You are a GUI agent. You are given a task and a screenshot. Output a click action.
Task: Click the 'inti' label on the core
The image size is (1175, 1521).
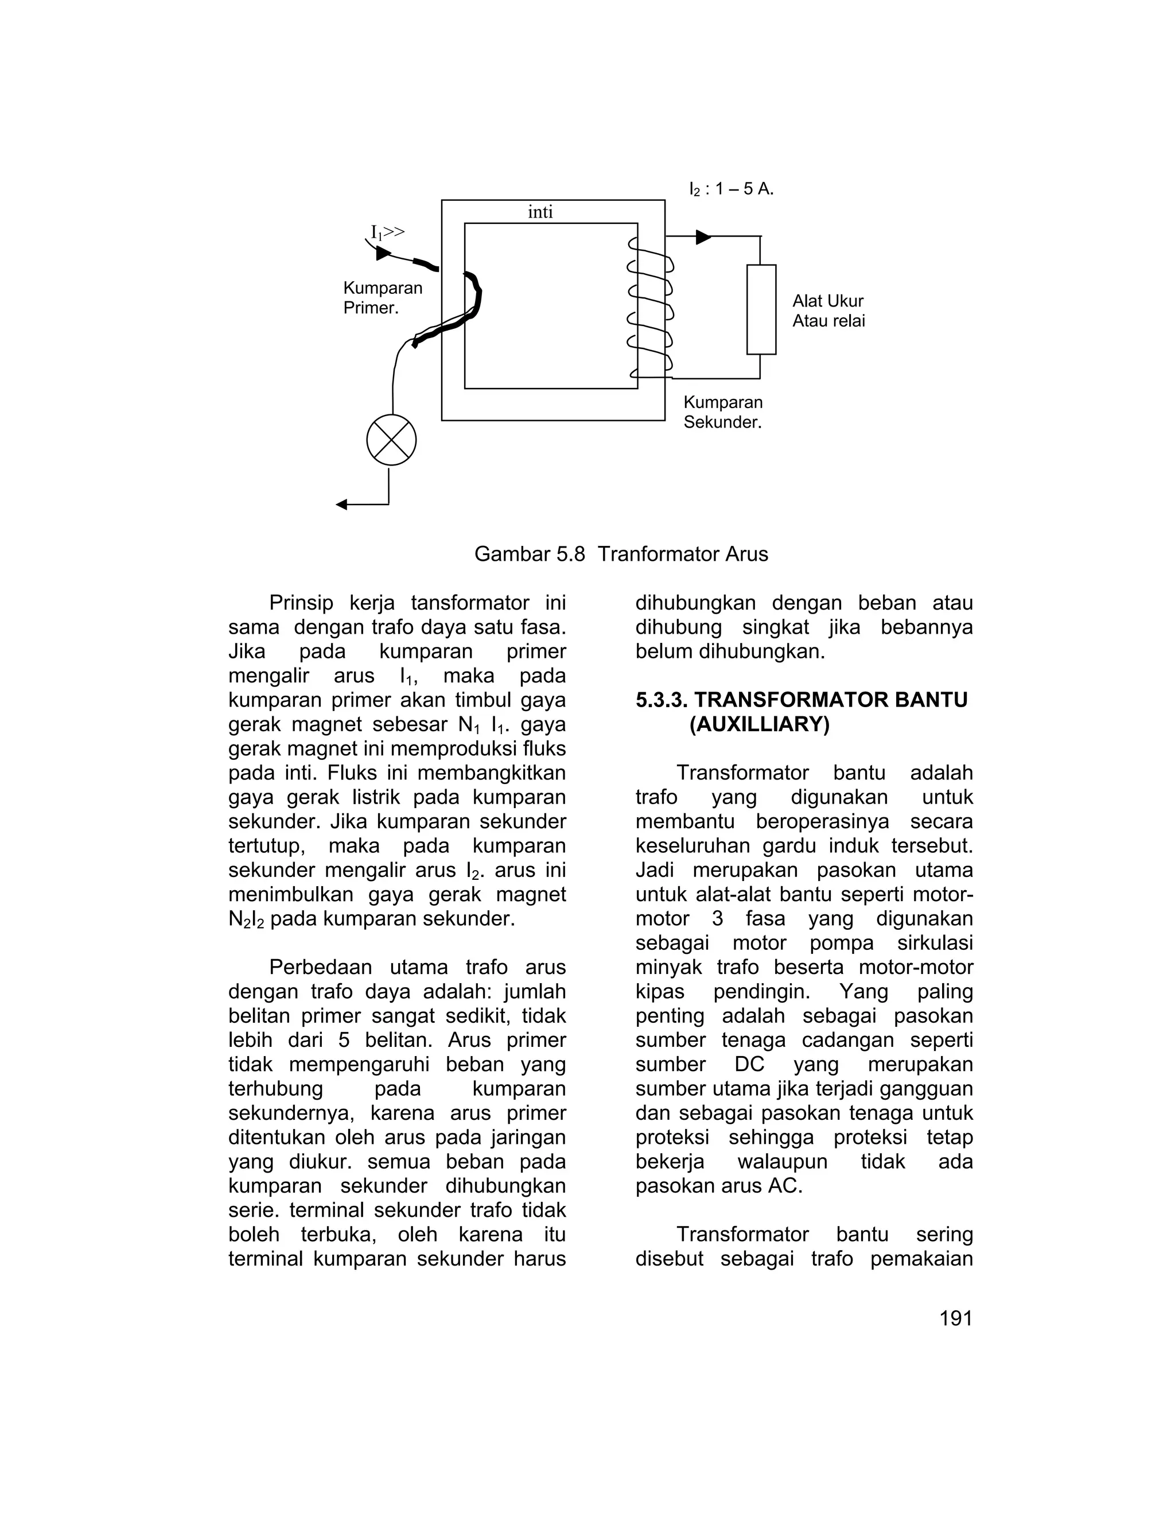coord(540,212)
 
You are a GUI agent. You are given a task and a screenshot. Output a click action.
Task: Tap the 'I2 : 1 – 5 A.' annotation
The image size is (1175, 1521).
coord(731,189)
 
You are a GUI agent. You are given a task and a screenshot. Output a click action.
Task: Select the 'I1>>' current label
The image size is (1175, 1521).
coord(387,232)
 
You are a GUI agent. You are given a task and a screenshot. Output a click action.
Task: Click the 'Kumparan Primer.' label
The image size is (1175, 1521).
coord(382,298)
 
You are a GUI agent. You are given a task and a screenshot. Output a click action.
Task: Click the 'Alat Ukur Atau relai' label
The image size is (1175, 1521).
coord(828,311)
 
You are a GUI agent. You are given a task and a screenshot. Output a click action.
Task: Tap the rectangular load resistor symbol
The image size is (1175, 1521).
coord(761,309)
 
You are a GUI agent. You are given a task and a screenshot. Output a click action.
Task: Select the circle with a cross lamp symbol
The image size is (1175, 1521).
coord(391,440)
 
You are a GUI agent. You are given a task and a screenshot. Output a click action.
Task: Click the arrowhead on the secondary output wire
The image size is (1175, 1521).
coord(703,237)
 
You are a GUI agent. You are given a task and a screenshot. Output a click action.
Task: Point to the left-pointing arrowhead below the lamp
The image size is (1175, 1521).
coord(342,504)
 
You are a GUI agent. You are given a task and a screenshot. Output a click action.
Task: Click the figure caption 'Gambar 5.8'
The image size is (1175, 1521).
coord(529,554)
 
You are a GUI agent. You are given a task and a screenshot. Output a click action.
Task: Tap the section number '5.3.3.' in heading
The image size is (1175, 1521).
coord(662,700)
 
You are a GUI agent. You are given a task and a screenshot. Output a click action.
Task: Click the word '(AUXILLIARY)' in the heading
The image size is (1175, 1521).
coord(760,724)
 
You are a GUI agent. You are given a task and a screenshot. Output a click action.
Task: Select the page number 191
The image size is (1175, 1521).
coord(955,1318)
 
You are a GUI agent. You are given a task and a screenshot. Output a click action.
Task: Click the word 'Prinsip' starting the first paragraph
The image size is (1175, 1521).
coord(301,603)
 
